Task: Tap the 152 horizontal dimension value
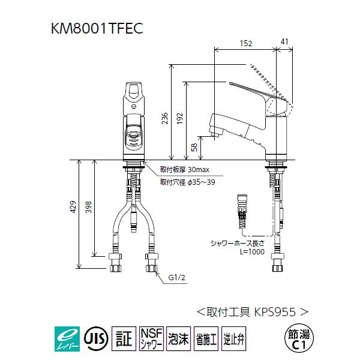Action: tap(247, 43)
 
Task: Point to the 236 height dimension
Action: tap(165, 120)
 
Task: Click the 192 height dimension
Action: tap(181, 120)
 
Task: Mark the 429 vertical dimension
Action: tap(73, 207)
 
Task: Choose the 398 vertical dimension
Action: tap(89, 207)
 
